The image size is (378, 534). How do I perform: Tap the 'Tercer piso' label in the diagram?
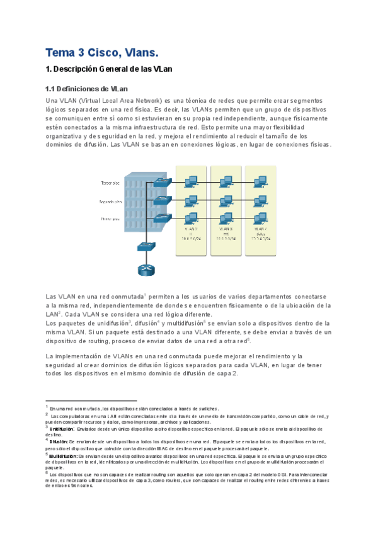coord(111,183)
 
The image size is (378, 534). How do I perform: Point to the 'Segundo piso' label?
coord(110,202)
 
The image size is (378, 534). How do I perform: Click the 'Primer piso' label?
coord(110,219)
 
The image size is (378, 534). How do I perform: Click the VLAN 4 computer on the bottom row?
coord(258,218)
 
